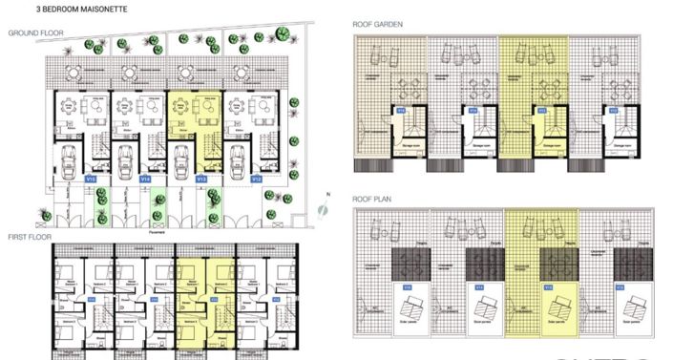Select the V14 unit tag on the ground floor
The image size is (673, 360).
pyautogui.click(x=145, y=178)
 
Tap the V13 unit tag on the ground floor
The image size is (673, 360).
pyautogui.click(x=200, y=178)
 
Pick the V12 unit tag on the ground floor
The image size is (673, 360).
pyautogui.click(x=256, y=178)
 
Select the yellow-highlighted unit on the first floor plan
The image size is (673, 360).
pyautogui.click(x=204, y=296)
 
